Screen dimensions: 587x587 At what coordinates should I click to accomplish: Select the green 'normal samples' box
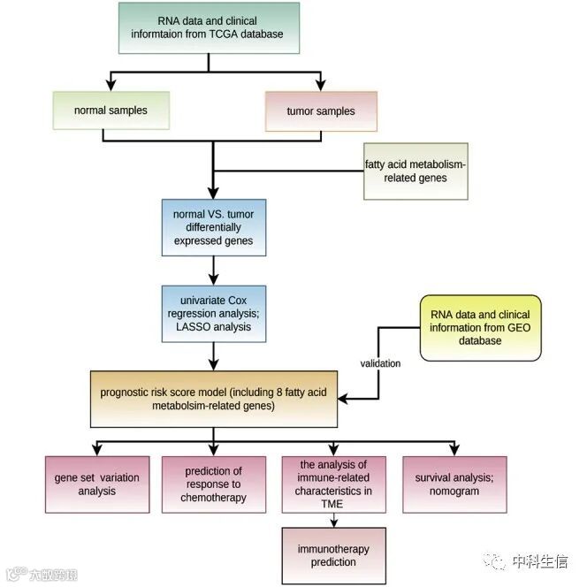coord(111,111)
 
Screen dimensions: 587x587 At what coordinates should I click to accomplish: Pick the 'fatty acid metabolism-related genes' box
coord(415,171)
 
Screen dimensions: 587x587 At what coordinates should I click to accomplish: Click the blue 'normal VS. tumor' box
coord(213,227)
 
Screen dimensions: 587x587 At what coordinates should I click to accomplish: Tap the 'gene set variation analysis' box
coord(97,484)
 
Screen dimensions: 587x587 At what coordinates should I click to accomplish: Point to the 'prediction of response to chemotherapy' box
coord(213,484)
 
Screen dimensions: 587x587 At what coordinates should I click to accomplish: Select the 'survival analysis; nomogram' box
coord(454,484)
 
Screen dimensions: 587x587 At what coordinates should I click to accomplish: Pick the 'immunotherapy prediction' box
coord(333,555)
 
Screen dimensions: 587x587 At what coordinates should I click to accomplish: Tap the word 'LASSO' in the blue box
coord(183,326)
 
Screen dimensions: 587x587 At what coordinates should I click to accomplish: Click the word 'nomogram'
coord(454,491)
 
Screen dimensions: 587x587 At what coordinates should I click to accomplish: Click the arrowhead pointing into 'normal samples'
coord(111,86)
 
